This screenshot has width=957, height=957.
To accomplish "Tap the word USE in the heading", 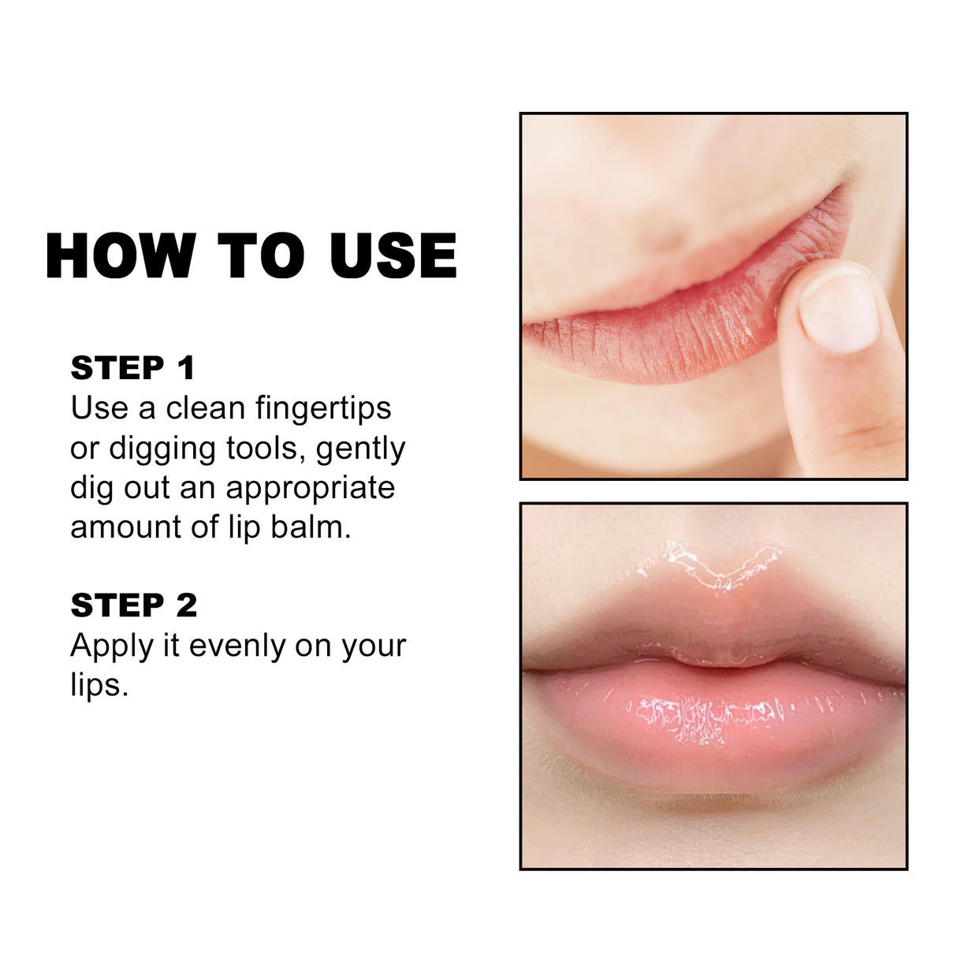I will [x=393, y=255].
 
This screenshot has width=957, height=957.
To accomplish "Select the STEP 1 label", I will [x=132, y=368].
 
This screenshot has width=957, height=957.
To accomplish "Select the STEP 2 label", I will [x=134, y=605].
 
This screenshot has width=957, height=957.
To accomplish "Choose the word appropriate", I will [x=311, y=489].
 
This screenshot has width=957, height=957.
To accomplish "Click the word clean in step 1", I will [x=206, y=408].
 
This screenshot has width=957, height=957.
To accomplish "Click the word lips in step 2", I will [x=98, y=686].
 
